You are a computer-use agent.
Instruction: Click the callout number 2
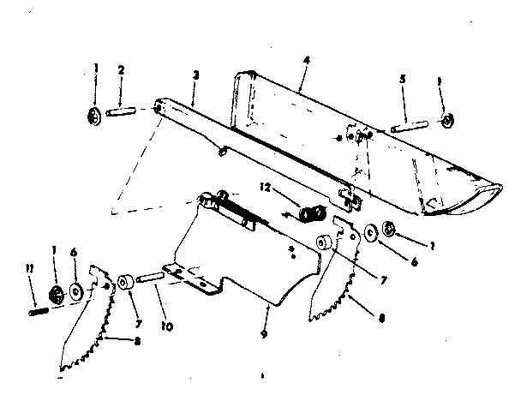click(121, 70)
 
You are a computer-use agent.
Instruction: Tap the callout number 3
click(196, 75)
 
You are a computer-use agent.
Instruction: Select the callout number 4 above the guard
click(307, 60)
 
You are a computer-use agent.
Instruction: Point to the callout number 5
click(403, 79)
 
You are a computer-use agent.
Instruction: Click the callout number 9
click(264, 334)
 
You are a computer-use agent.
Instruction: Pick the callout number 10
click(167, 326)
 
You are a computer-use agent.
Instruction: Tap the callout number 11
click(30, 268)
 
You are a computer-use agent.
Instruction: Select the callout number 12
click(265, 188)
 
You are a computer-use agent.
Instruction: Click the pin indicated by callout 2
click(121, 111)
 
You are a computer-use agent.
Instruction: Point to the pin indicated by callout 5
click(410, 128)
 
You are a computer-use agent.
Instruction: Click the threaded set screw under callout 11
click(39, 312)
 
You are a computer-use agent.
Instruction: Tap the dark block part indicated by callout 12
click(312, 212)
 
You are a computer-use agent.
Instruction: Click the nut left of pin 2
click(94, 117)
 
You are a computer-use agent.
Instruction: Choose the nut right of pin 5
click(447, 120)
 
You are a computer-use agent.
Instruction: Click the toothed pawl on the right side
click(335, 269)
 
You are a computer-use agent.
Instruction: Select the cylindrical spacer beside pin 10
click(126, 283)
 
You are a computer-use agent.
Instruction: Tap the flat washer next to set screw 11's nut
click(76, 291)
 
